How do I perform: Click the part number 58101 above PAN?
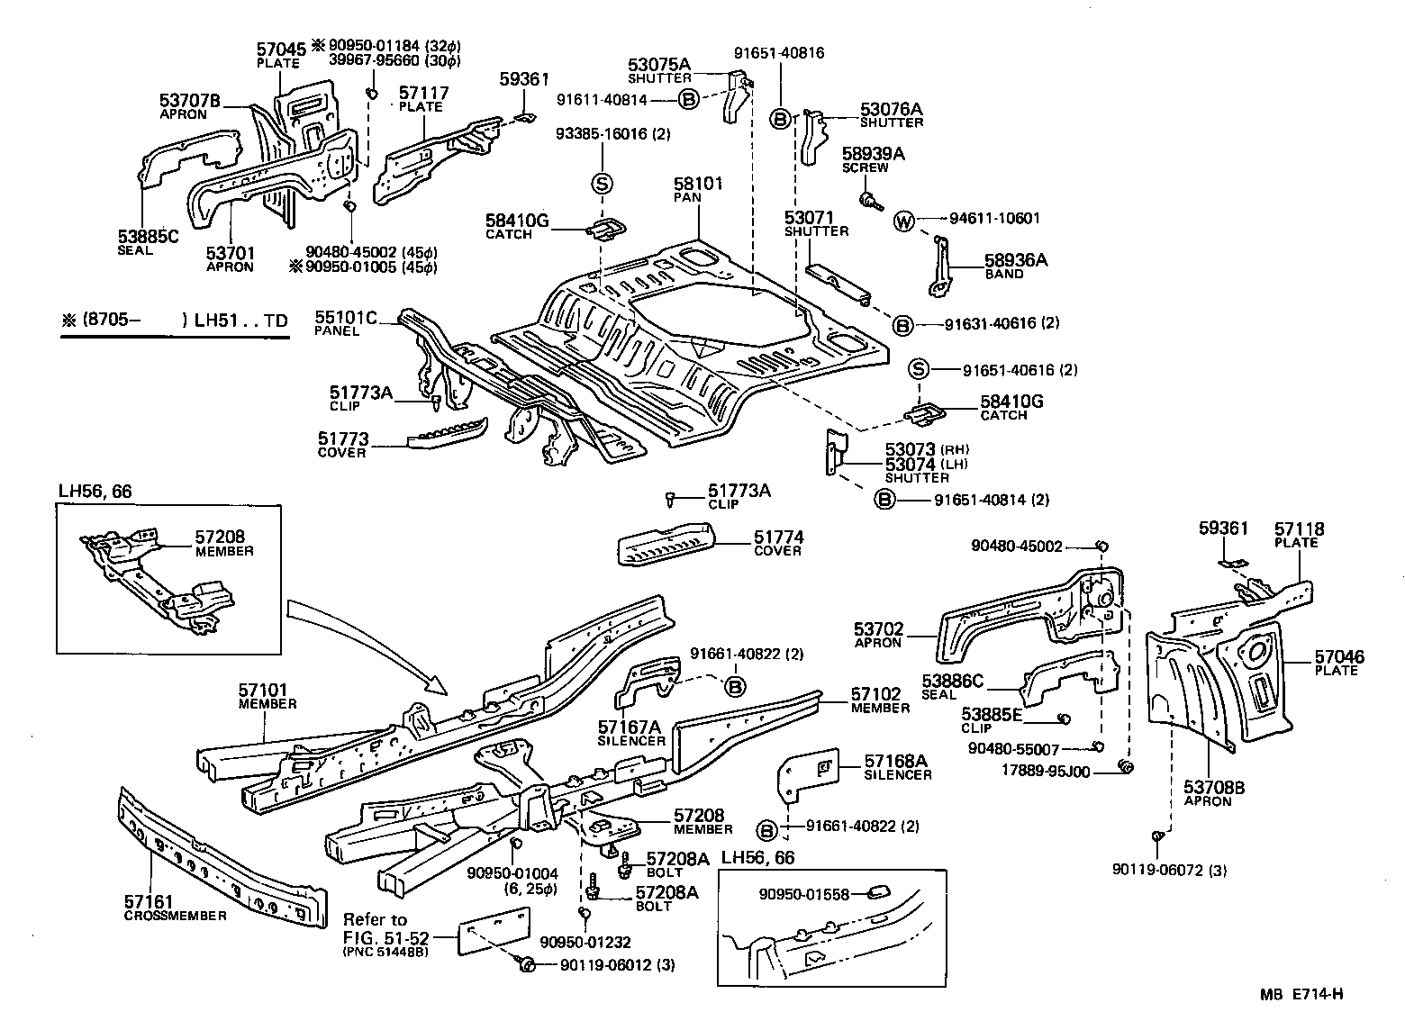(698, 184)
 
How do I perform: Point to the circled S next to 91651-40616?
(918, 369)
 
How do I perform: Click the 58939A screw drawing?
(870, 198)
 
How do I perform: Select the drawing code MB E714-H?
(1301, 994)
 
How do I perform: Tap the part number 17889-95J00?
(1046, 771)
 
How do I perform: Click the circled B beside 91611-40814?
(688, 100)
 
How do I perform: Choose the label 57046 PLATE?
(1338, 663)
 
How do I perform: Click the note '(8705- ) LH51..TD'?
(176, 320)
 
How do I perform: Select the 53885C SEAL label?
(149, 242)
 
